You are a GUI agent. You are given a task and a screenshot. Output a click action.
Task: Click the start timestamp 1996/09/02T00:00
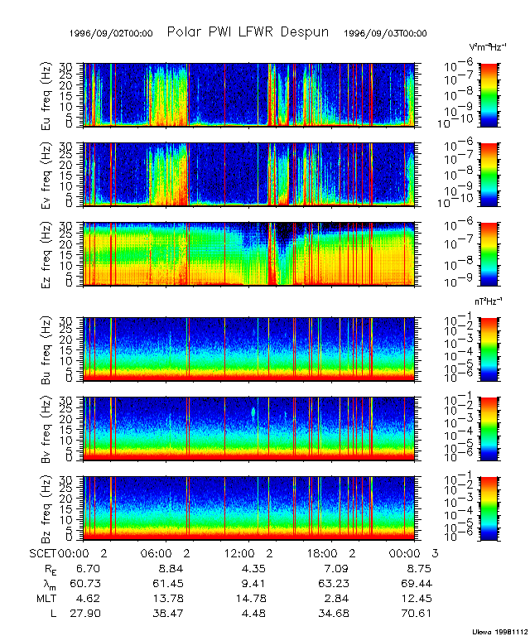(112, 34)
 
